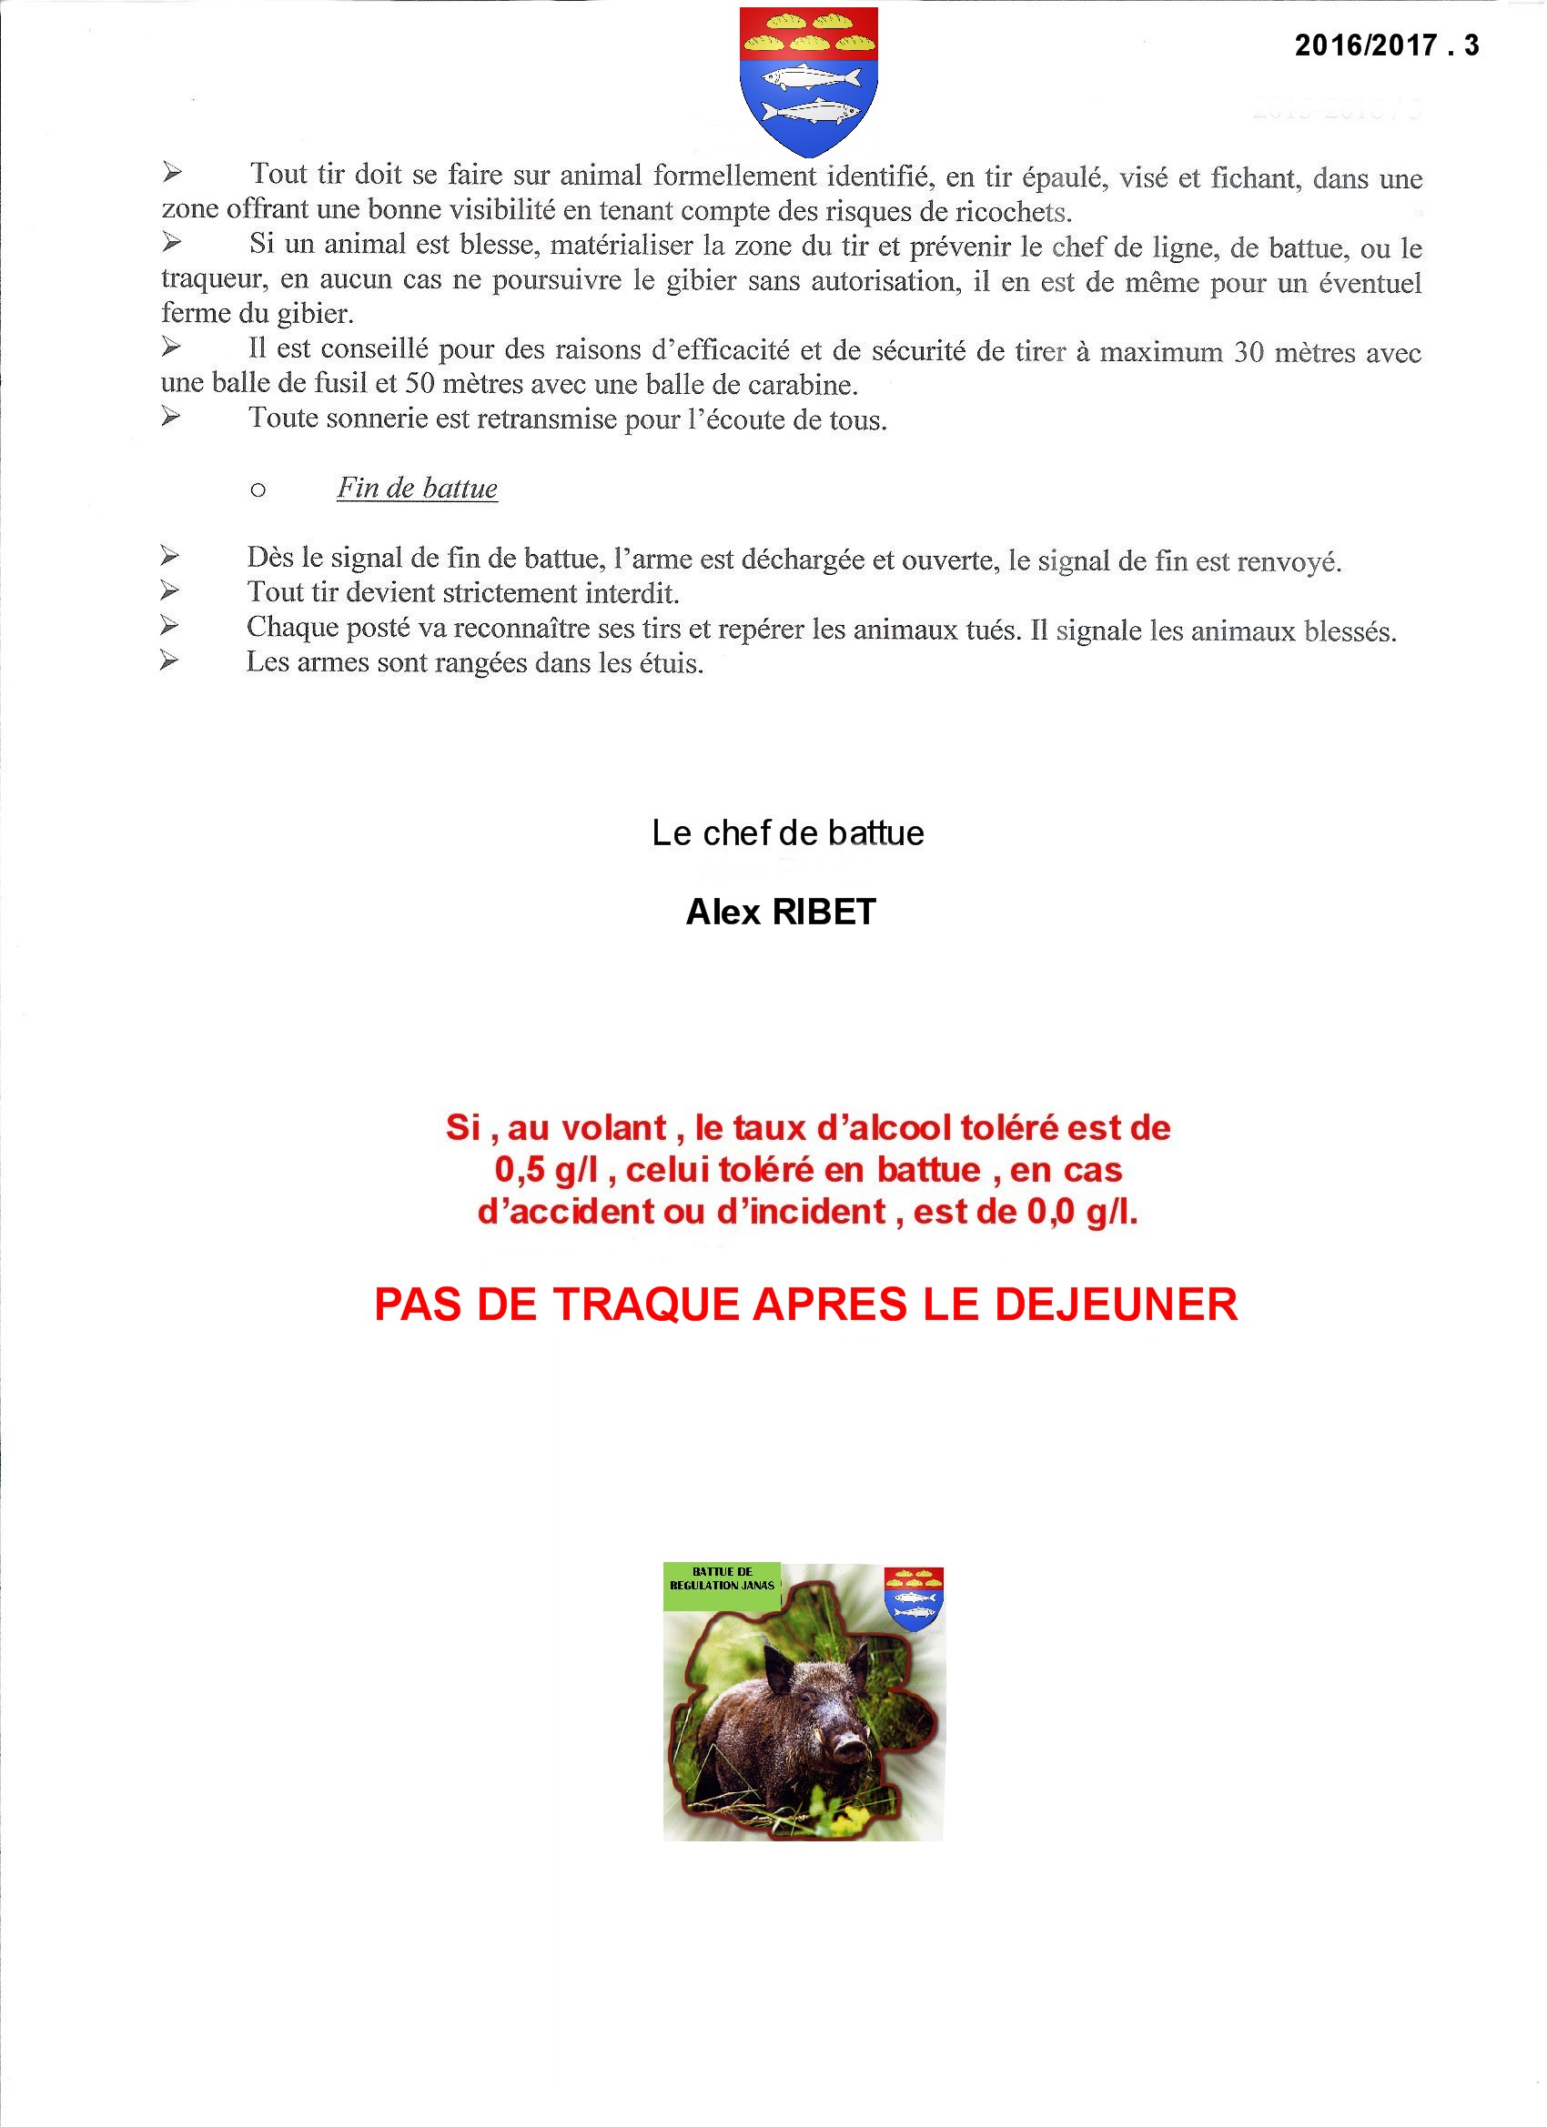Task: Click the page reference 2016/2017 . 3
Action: (1386, 45)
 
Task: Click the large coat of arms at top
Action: (809, 81)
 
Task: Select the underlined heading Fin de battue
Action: (417, 489)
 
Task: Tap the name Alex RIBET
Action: (781, 912)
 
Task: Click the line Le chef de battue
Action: (787, 832)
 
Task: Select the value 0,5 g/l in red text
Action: (546, 1171)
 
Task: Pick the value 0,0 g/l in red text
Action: (1082, 1213)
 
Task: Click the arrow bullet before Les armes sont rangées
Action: (169, 661)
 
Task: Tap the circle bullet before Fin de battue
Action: (258, 490)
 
